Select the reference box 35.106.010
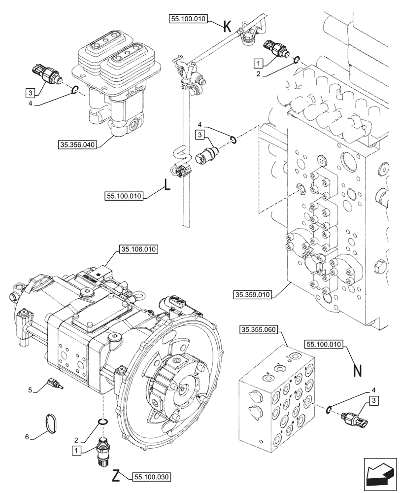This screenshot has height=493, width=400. click(x=137, y=249)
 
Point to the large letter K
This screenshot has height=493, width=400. click(x=227, y=26)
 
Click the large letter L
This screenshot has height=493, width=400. click(x=167, y=186)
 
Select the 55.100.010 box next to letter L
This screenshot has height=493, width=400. click(x=124, y=196)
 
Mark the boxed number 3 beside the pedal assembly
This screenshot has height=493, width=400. click(x=31, y=92)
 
